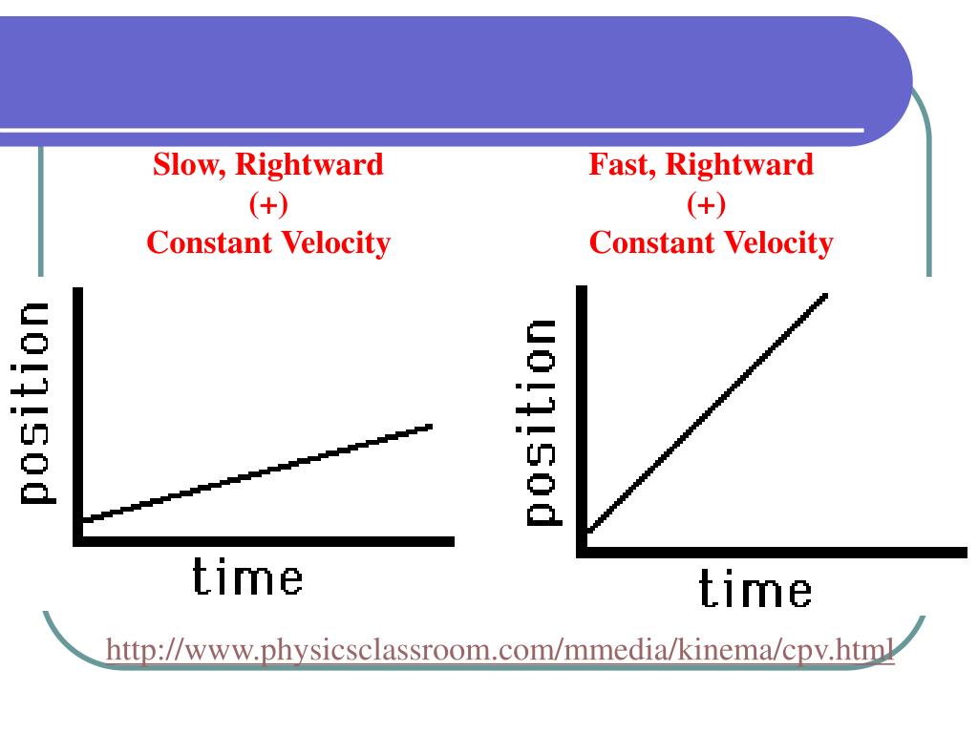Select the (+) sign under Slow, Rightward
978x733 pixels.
pos(268,204)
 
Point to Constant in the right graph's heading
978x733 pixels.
pos(648,243)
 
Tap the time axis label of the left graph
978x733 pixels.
pos(247,578)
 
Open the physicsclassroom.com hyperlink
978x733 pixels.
pos(500,652)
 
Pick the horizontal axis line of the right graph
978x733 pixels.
pos(774,552)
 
